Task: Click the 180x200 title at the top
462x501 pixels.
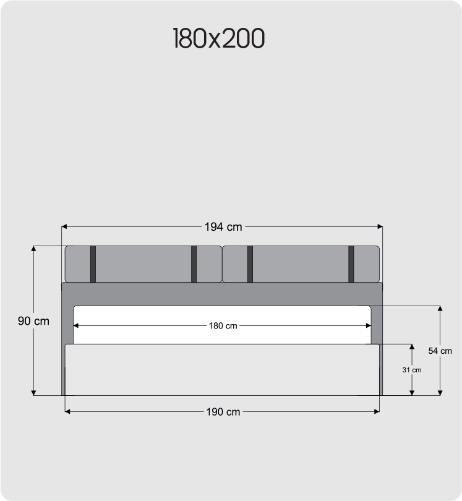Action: click(219, 38)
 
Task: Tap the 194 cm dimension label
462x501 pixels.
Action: click(223, 227)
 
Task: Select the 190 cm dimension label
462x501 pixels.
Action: click(223, 412)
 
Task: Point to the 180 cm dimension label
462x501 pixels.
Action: click(223, 326)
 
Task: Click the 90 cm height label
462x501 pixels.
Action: click(33, 321)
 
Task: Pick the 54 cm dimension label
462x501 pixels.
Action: click(440, 351)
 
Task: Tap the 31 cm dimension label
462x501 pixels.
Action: click(412, 370)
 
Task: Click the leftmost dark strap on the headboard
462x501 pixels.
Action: click(93, 264)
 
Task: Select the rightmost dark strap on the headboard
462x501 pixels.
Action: click(351, 264)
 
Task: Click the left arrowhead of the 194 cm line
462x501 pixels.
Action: click(64, 226)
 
